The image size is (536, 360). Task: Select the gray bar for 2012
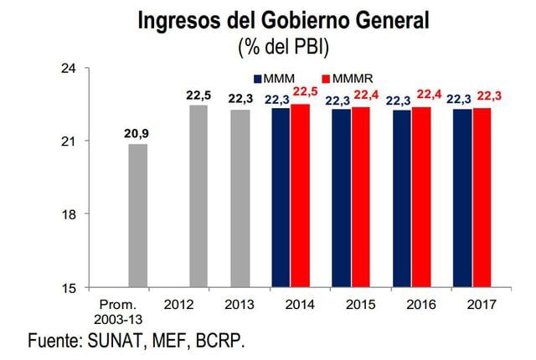(198, 196)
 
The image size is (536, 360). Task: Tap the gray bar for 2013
(240, 198)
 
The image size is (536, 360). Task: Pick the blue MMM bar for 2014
(281, 198)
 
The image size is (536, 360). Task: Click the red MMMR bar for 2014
(300, 196)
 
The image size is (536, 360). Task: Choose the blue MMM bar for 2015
(341, 198)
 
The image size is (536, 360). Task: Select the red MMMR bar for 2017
(482, 198)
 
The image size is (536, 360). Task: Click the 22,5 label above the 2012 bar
(198, 94)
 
